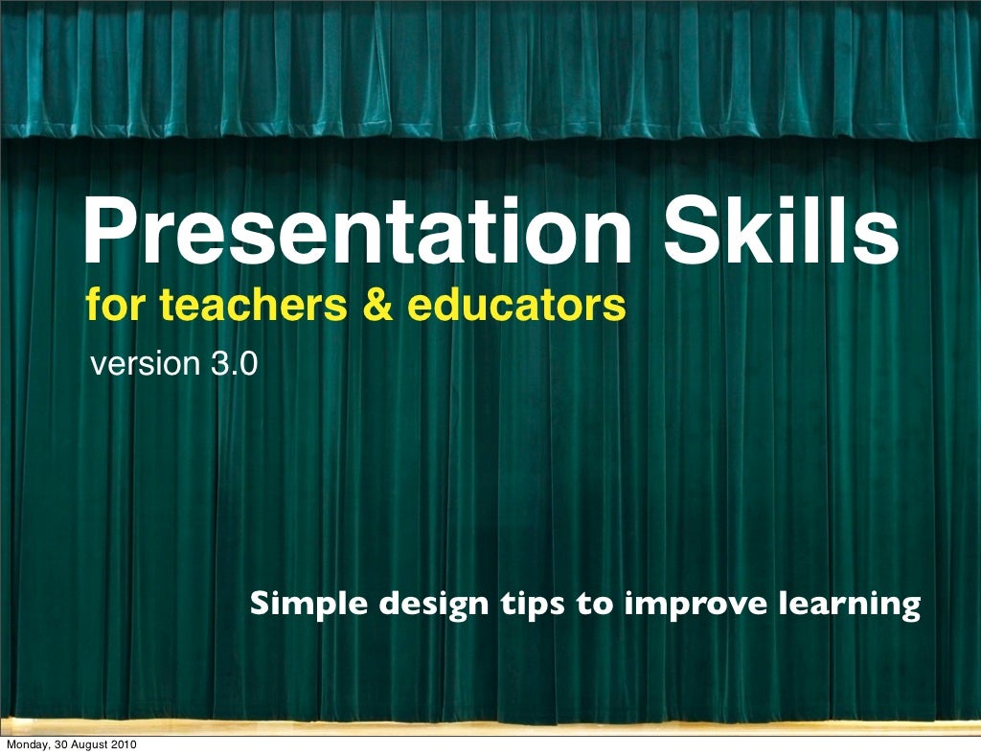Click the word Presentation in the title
pos(356,232)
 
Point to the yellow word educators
pos(517,307)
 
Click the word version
pos(142,365)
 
